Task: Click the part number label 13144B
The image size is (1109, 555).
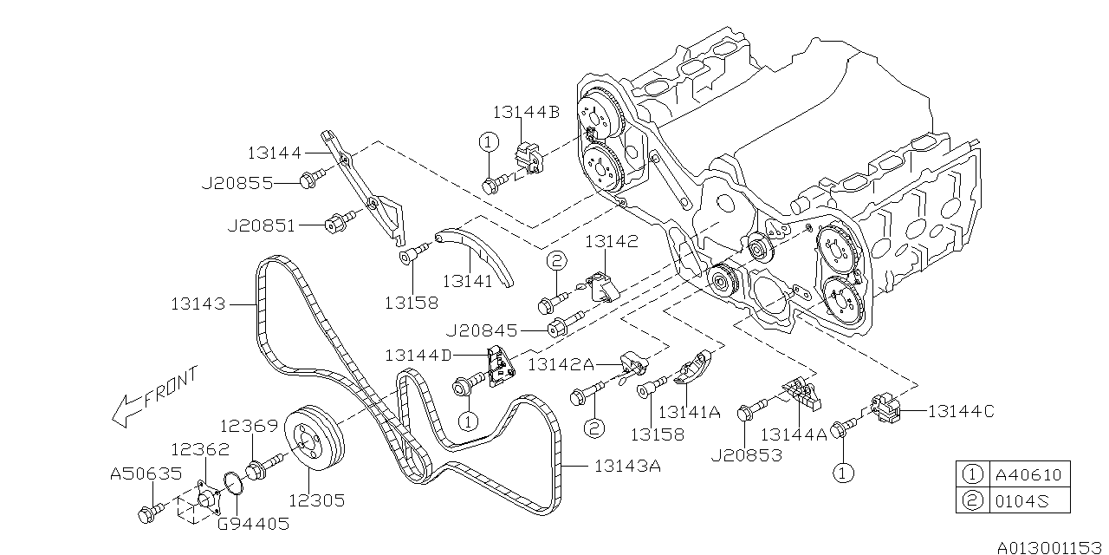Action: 527,112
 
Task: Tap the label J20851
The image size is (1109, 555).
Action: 261,225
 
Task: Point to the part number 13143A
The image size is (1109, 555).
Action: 627,467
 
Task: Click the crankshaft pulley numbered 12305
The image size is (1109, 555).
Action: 315,447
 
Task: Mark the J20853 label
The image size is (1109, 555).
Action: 747,454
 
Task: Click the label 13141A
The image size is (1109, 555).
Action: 690,413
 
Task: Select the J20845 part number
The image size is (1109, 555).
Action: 482,330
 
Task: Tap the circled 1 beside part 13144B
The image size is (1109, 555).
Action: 488,141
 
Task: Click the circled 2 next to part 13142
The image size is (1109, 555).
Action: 555,261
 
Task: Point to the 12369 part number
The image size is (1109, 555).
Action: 248,426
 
